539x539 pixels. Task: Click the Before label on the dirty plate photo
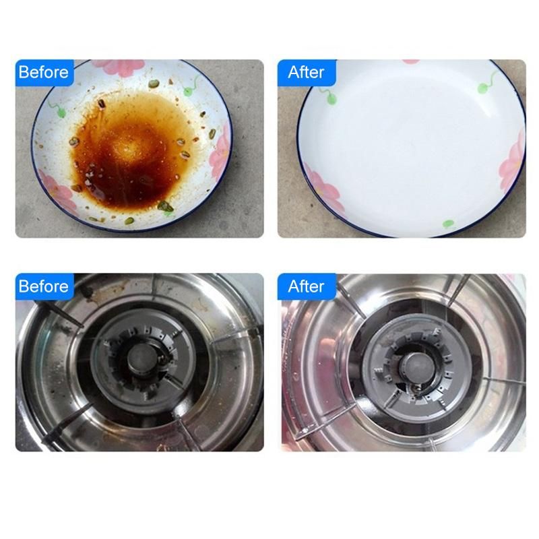pyautogui.click(x=44, y=73)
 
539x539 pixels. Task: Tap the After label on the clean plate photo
pyautogui.click(x=306, y=73)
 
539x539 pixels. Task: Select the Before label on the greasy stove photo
pyautogui.click(x=44, y=286)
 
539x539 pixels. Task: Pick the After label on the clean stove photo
pyautogui.click(x=306, y=286)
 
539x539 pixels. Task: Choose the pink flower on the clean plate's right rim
pyautogui.click(x=513, y=162)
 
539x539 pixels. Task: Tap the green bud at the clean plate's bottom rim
pyautogui.click(x=448, y=224)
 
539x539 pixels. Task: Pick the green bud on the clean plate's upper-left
pyautogui.click(x=331, y=100)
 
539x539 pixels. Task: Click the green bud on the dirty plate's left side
pyautogui.click(x=61, y=113)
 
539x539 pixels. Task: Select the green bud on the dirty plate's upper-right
pyautogui.click(x=188, y=92)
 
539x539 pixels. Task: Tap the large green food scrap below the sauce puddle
pyautogui.click(x=165, y=206)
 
